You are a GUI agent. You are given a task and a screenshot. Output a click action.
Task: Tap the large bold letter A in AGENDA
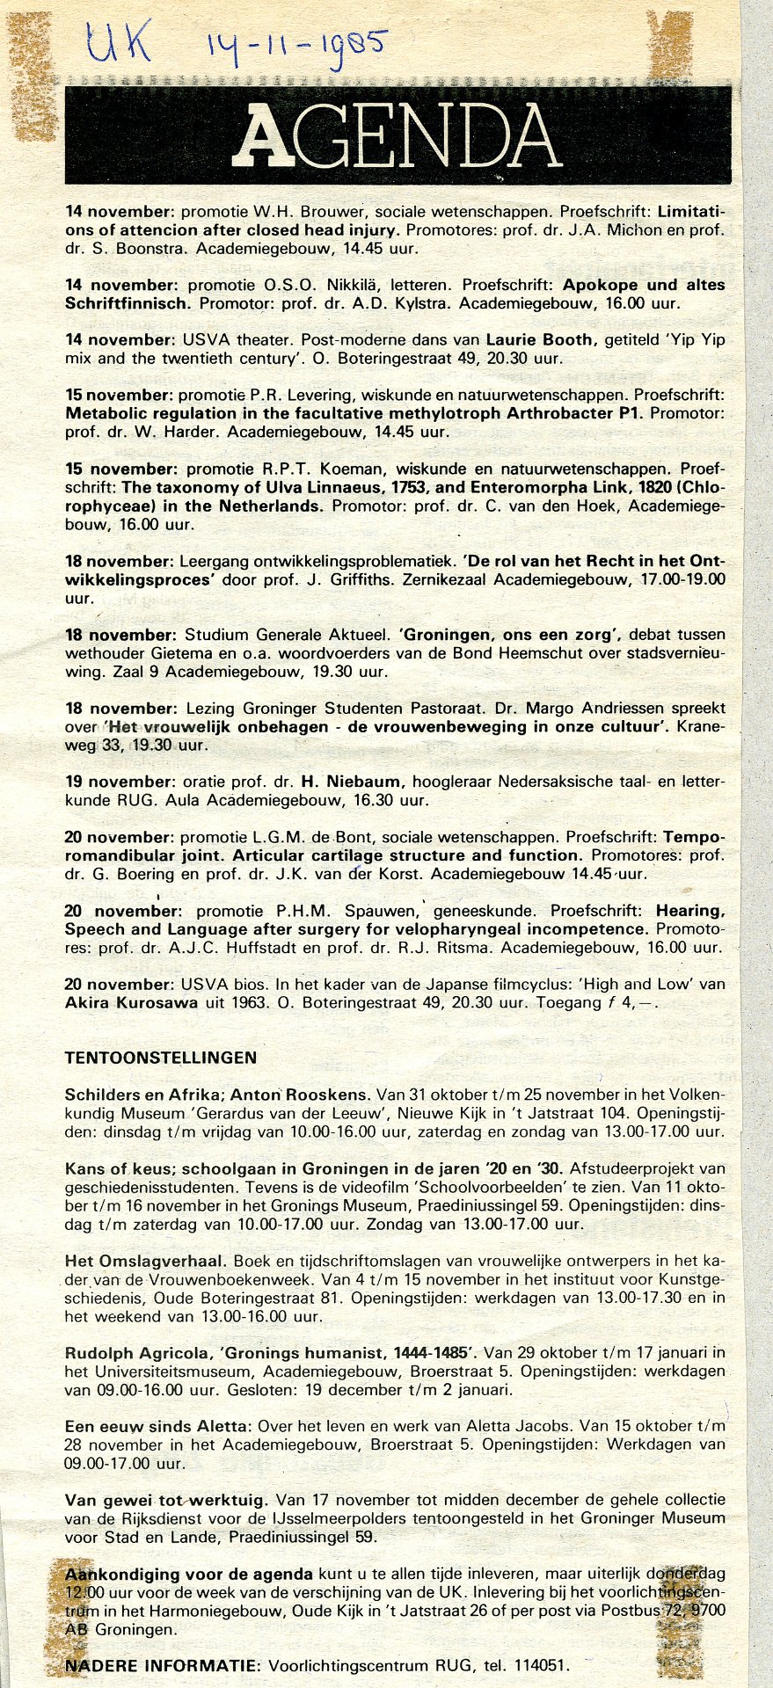coord(269,136)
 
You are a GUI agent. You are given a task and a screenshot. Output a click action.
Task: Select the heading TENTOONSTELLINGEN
coord(160,1058)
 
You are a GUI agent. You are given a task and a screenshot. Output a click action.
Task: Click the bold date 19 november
coord(120,782)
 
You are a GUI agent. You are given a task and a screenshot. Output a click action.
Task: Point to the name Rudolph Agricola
coord(133,1352)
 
